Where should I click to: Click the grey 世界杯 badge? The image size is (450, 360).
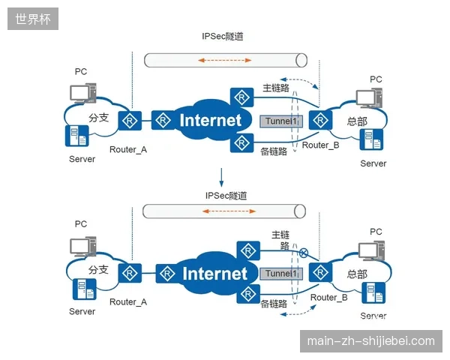pyautogui.click(x=33, y=19)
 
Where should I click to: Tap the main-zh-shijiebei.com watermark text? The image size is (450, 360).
pyautogui.click(x=370, y=341)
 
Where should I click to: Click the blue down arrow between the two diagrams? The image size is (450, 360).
pyautogui.click(x=221, y=178)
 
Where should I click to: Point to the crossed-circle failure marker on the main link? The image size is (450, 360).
pyautogui.click(x=303, y=253)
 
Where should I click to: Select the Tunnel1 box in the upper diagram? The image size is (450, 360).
pyautogui.click(x=281, y=121)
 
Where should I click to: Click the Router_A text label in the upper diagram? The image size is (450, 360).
pyautogui.click(x=128, y=149)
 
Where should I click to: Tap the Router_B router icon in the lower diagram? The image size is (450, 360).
pyautogui.click(x=320, y=272)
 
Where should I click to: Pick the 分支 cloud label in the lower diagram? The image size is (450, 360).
pyautogui.click(x=98, y=269)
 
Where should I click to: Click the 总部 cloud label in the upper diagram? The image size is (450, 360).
pyautogui.click(x=357, y=121)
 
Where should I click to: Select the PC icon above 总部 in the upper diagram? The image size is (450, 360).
pyautogui.click(x=369, y=97)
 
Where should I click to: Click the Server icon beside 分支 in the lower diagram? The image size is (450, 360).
pyautogui.click(x=85, y=289)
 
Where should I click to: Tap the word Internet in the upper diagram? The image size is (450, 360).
pyautogui.click(x=210, y=120)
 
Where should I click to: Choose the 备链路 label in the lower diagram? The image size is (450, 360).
pyautogui.click(x=274, y=304)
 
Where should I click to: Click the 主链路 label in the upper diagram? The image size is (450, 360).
pyautogui.click(x=276, y=88)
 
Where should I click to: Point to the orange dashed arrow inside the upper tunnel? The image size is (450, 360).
pyautogui.click(x=225, y=60)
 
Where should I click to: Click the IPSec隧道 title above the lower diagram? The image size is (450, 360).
pyautogui.click(x=226, y=196)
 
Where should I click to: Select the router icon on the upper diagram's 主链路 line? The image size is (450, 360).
pyautogui.click(x=242, y=97)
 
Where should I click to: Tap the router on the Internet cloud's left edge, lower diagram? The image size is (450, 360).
pyautogui.click(x=167, y=274)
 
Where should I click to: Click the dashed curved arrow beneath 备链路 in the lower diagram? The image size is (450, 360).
pyautogui.click(x=298, y=312)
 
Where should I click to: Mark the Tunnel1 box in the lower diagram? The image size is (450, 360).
pyautogui.click(x=281, y=274)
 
